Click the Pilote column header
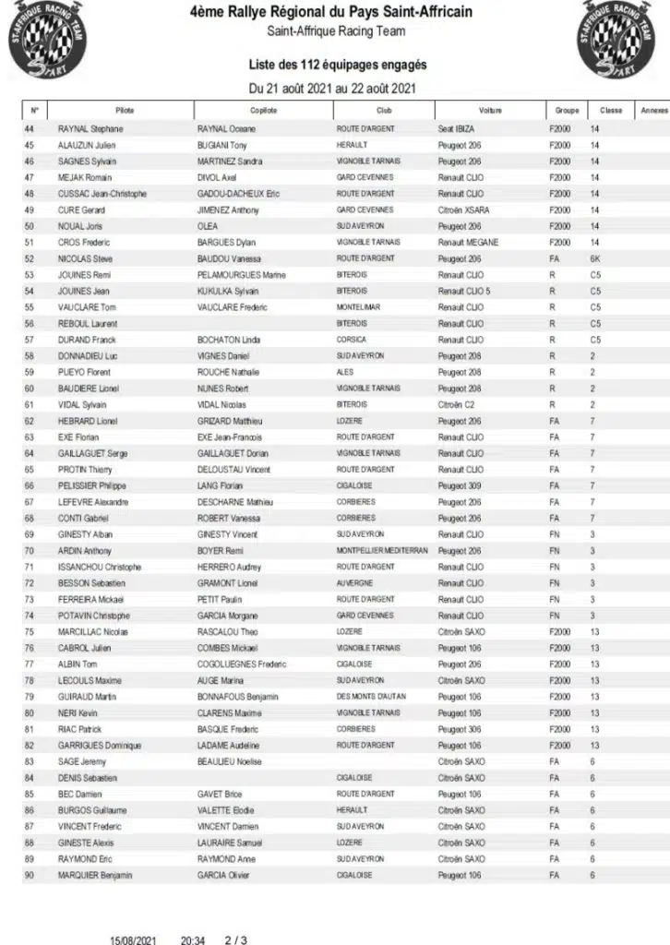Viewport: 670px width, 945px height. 125,111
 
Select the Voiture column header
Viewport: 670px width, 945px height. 490,111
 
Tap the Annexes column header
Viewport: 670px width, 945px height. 653,111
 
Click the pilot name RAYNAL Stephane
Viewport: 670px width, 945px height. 90,129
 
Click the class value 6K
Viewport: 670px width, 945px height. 596,259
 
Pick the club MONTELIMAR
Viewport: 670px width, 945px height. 361,307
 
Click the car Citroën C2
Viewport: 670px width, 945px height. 457,404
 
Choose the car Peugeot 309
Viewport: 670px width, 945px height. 460,485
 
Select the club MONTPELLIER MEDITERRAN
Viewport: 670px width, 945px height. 382,551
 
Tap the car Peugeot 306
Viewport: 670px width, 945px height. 460,729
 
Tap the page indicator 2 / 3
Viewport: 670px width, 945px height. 235,940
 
